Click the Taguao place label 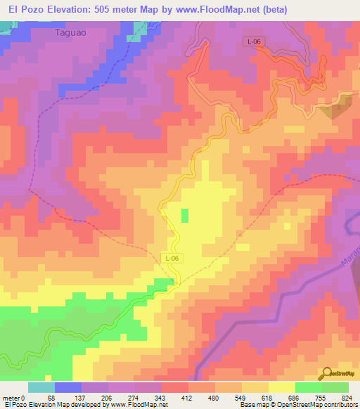pyautogui.click(x=72, y=32)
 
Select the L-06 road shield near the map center pyautogui.click(x=172, y=259)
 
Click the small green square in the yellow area pyautogui.click(x=185, y=215)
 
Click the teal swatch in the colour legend pyautogui.click(x=41, y=387)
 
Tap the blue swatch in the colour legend pyautogui.click(x=68, y=387)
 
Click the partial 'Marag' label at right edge pyautogui.click(x=352, y=253)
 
